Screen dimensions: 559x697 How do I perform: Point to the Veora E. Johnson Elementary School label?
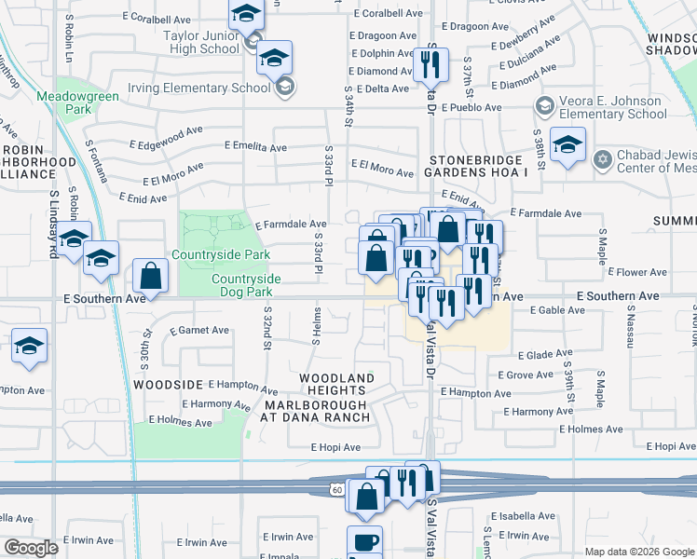click(x=612, y=108)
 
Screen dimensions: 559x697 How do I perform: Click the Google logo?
click(x=31, y=548)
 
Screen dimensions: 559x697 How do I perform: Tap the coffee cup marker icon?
click(x=364, y=541)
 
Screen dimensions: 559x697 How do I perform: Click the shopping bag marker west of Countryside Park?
click(x=150, y=275)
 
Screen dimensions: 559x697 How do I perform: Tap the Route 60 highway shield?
click(x=336, y=489)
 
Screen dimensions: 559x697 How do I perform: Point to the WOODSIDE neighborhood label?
click(x=168, y=384)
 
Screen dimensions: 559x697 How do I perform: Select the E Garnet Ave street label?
click(x=199, y=330)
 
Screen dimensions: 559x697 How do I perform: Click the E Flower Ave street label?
click(x=637, y=272)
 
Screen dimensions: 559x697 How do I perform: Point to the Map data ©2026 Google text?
click(x=639, y=552)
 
